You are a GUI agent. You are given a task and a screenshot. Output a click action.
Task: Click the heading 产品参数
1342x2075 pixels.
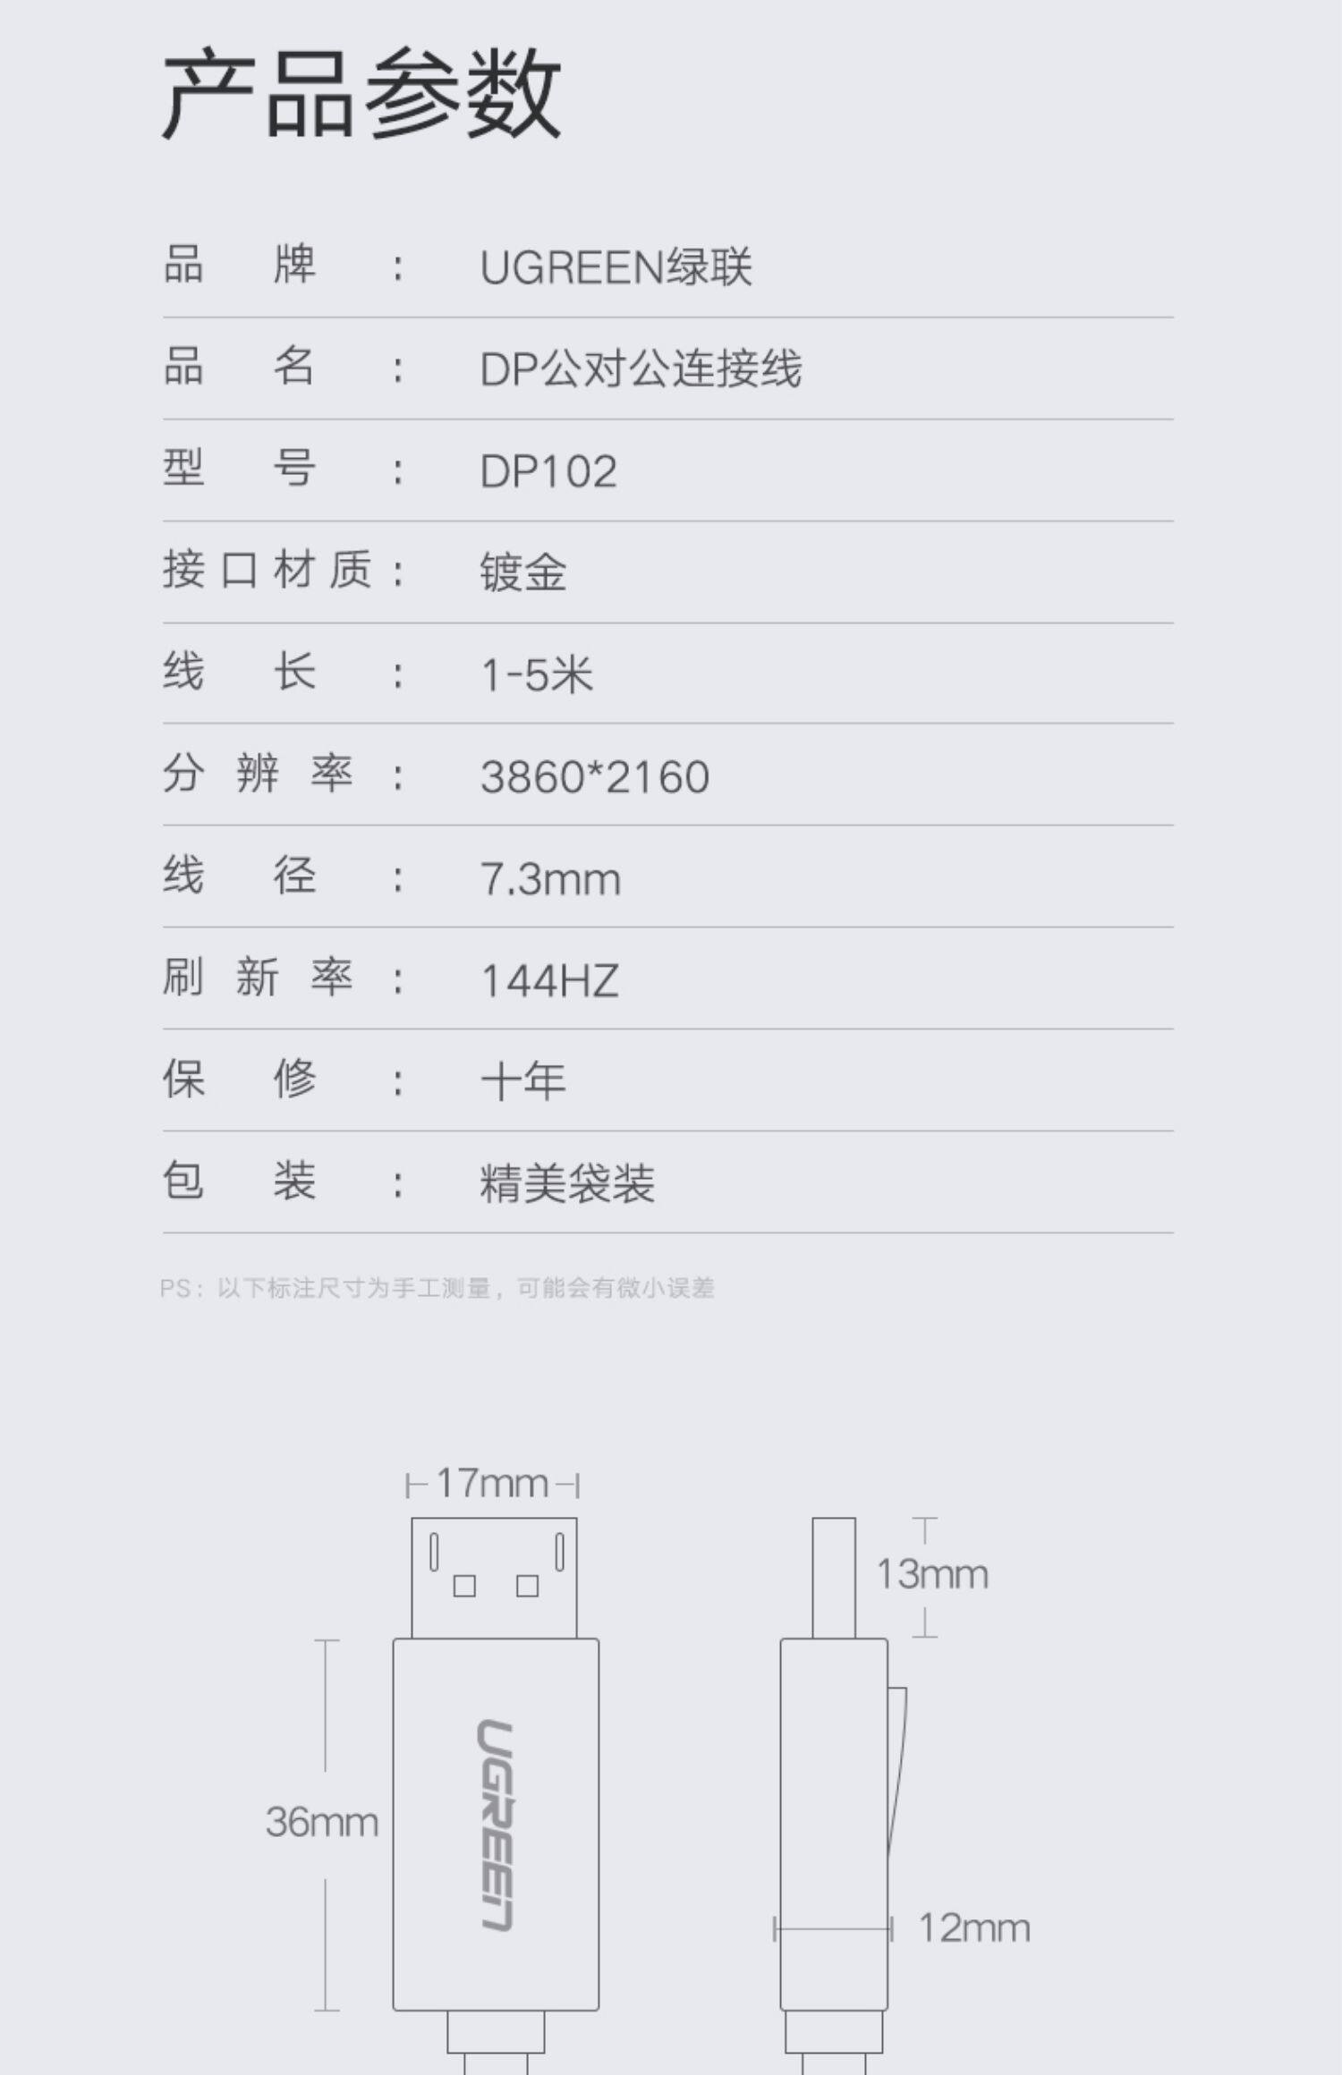tap(361, 93)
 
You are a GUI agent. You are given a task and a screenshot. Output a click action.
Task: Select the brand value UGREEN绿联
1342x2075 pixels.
tap(616, 267)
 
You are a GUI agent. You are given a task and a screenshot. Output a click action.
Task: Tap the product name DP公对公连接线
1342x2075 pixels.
tap(641, 368)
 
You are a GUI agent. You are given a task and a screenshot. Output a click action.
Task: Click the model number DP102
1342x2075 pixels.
tap(548, 471)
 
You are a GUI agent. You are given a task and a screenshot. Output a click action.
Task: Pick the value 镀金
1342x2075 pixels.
tap(523, 572)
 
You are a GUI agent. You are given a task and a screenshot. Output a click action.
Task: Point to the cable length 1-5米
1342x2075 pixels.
tap(537, 673)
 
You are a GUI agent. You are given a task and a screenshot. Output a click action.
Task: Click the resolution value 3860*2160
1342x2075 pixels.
tap(595, 776)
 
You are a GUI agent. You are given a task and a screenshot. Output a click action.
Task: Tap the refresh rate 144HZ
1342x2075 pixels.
tap(549, 980)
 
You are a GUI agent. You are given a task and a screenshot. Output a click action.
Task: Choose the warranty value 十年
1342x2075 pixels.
tap(523, 1081)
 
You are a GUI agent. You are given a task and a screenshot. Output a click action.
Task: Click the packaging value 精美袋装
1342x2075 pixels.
tap(567, 1183)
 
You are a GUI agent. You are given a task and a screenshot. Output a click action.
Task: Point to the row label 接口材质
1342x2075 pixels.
tap(267, 570)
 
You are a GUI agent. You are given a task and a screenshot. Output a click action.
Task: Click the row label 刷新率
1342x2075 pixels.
tap(258, 977)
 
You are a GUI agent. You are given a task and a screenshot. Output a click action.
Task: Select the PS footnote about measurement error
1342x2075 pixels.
tap(437, 1288)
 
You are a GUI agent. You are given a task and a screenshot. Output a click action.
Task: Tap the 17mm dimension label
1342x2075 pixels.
tap(492, 1484)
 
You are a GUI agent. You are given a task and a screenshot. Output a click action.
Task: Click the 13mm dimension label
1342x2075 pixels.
tap(932, 1575)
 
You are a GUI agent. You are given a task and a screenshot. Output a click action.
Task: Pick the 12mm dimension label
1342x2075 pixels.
tap(974, 1928)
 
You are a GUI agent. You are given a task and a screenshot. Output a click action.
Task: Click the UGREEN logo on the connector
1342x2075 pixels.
tap(495, 1825)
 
